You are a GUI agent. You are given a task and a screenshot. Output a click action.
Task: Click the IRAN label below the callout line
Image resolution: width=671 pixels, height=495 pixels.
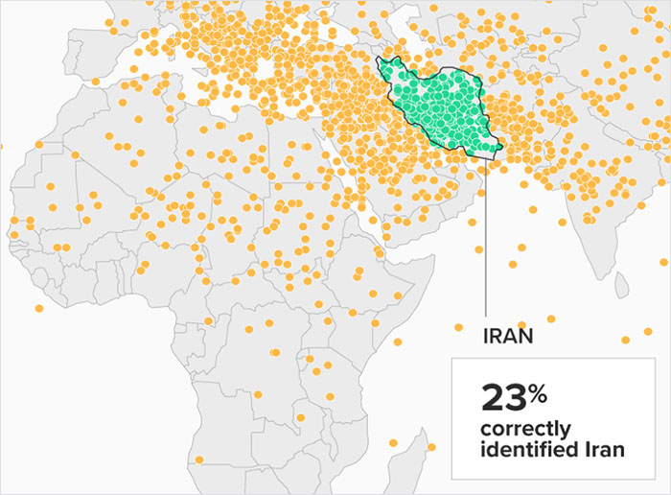(x=508, y=337)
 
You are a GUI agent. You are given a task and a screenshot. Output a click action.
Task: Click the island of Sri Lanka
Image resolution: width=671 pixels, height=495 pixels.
(x=621, y=284)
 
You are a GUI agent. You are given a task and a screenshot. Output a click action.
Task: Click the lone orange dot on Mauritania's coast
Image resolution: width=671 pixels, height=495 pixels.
(x=13, y=221)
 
